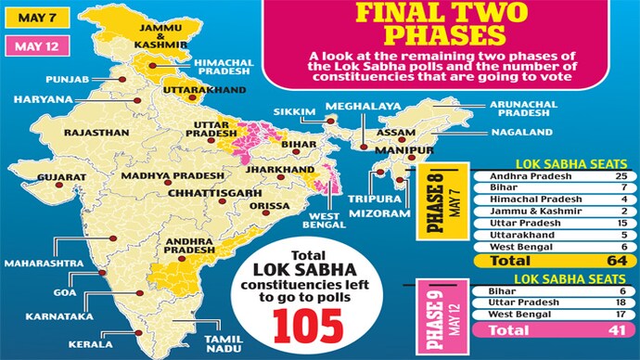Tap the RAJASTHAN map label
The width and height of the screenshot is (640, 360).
coord(96,133)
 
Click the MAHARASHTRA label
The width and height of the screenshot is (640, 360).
coord(39,263)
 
